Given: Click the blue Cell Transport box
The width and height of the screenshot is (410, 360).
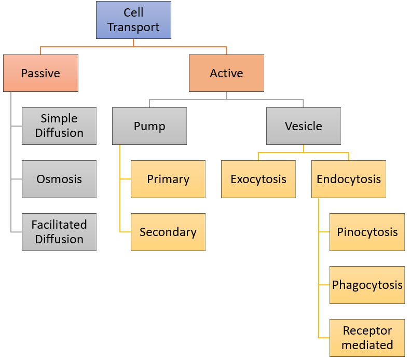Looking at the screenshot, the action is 133,20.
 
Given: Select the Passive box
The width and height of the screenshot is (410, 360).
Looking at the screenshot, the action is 41,73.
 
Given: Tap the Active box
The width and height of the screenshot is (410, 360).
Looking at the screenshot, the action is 226,73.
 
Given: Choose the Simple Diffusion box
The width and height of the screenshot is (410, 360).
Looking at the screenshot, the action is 59,126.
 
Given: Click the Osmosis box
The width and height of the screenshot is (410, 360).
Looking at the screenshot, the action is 59,179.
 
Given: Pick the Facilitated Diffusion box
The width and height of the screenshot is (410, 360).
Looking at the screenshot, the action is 59,232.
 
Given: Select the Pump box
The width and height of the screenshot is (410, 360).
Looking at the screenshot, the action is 149,126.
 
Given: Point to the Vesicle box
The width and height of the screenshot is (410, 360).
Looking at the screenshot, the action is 304,126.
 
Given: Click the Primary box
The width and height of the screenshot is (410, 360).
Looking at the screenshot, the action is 168,179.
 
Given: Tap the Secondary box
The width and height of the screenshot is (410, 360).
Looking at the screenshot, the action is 168,232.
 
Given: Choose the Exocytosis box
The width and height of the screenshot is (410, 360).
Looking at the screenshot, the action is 258,179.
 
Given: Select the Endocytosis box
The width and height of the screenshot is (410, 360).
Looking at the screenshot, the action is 349,179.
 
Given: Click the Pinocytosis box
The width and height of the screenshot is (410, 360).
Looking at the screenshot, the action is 367,232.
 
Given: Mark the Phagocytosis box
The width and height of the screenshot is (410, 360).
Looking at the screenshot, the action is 367,285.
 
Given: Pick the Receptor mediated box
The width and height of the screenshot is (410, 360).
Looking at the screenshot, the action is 367,338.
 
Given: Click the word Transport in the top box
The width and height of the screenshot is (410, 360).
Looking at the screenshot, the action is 133,27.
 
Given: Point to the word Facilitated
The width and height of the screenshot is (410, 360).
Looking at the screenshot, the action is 59,225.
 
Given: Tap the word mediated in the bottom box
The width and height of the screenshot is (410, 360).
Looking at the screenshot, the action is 367,345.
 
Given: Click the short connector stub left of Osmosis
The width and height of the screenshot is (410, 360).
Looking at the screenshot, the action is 17,179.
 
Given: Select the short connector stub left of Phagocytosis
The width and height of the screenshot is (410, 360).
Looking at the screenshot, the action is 324,285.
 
